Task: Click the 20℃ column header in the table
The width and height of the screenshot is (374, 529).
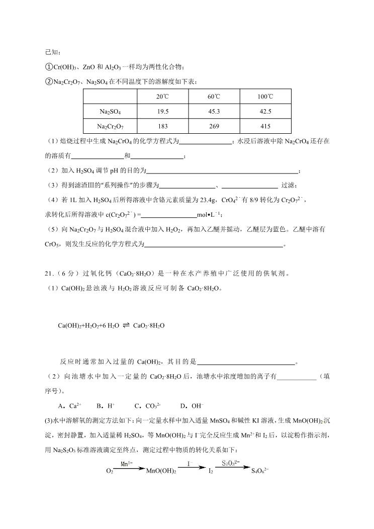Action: pyautogui.click(x=162, y=97)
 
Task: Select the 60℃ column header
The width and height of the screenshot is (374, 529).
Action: pyautogui.click(x=214, y=97)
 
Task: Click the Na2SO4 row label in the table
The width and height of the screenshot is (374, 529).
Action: pyautogui.click(x=109, y=112)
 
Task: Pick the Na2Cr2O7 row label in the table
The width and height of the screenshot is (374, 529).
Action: pyautogui.click(x=109, y=126)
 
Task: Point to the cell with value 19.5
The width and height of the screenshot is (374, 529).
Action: pyautogui.click(x=162, y=112)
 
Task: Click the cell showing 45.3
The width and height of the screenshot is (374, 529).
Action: pyautogui.click(x=214, y=112)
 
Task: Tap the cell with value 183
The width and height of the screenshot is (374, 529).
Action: pyautogui.click(x=162, y=126)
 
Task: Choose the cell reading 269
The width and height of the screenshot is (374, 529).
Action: pyautogui.click(x=214, y=126)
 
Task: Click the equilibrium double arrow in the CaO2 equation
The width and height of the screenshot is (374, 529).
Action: pyautogui.click(x=127, y=325)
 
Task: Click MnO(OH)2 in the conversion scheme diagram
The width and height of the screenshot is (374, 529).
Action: pyautogui.click(x=160, y=472)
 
